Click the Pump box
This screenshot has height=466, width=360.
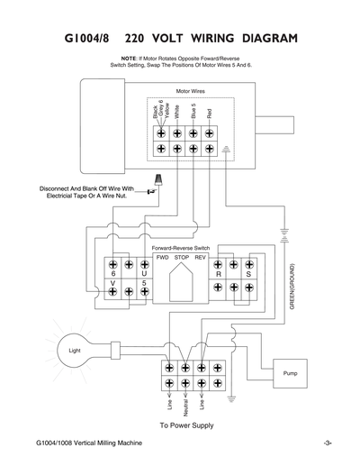(x=288, y=372)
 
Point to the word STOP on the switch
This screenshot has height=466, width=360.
(x=182, y=258)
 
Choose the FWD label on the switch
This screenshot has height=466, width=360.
(x=162, y=258)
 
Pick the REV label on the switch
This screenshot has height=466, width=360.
(x=201, y=258)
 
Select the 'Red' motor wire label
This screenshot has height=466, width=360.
(x=209, y=114)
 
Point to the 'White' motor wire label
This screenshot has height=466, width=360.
(x=177, y=112)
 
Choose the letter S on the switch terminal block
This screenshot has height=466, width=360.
(x=249, y=273)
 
